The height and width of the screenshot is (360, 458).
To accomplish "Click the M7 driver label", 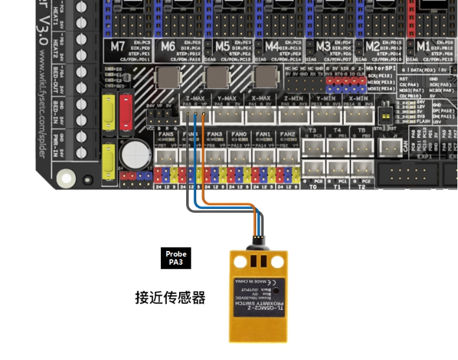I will click(117, 47).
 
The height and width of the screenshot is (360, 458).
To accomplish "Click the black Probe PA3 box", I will click(176, 258).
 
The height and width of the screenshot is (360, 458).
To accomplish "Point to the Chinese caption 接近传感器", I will click(170, 298).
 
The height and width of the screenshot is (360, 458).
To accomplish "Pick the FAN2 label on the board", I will click(287, 134).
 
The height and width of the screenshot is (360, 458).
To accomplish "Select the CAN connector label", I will click(405, 147).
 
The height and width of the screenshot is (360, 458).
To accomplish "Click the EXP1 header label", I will click(424, 157).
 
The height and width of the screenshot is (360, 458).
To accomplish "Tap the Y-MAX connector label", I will click(227, 98).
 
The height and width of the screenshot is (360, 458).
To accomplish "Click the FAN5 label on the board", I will click(167, 134).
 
